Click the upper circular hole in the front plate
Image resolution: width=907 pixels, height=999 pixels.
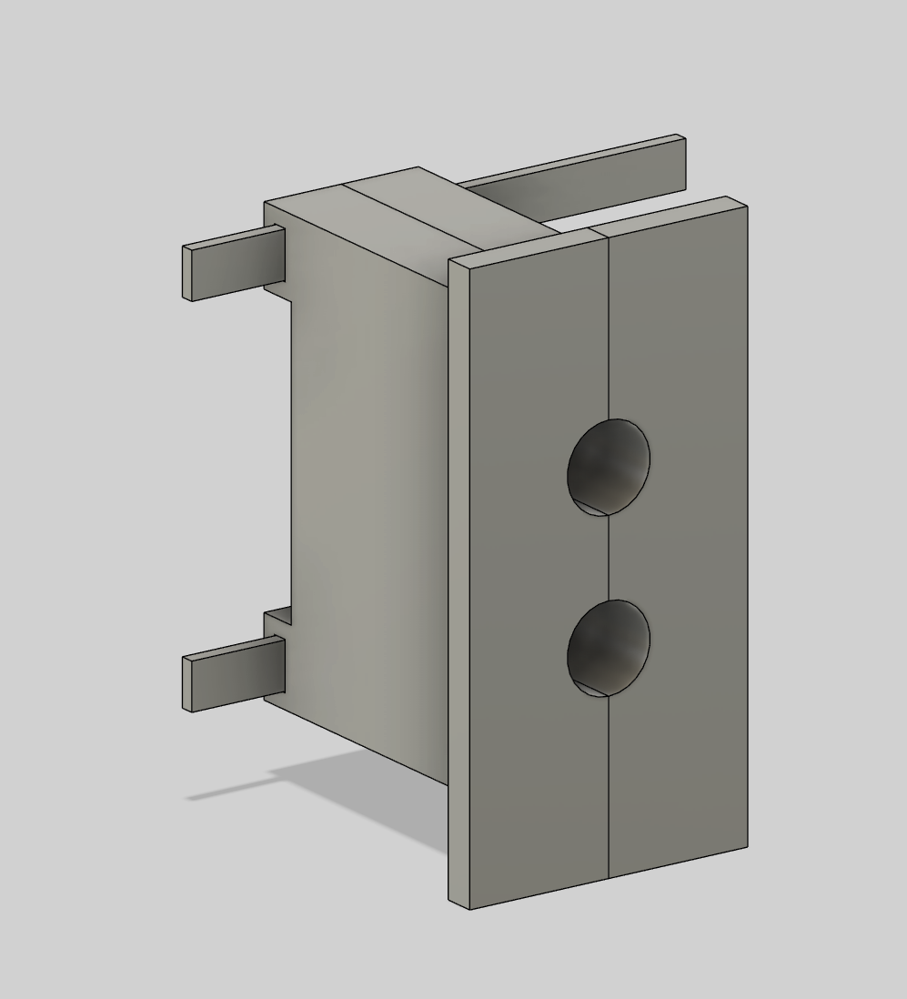pos(609,467)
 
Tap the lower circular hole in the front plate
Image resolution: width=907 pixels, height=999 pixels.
pos(609,648)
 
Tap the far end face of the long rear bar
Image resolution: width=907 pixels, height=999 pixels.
pos(681,164)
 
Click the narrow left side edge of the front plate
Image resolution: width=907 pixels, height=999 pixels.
pos(459,582)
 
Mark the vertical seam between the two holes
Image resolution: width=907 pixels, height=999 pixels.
pos(608,557)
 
